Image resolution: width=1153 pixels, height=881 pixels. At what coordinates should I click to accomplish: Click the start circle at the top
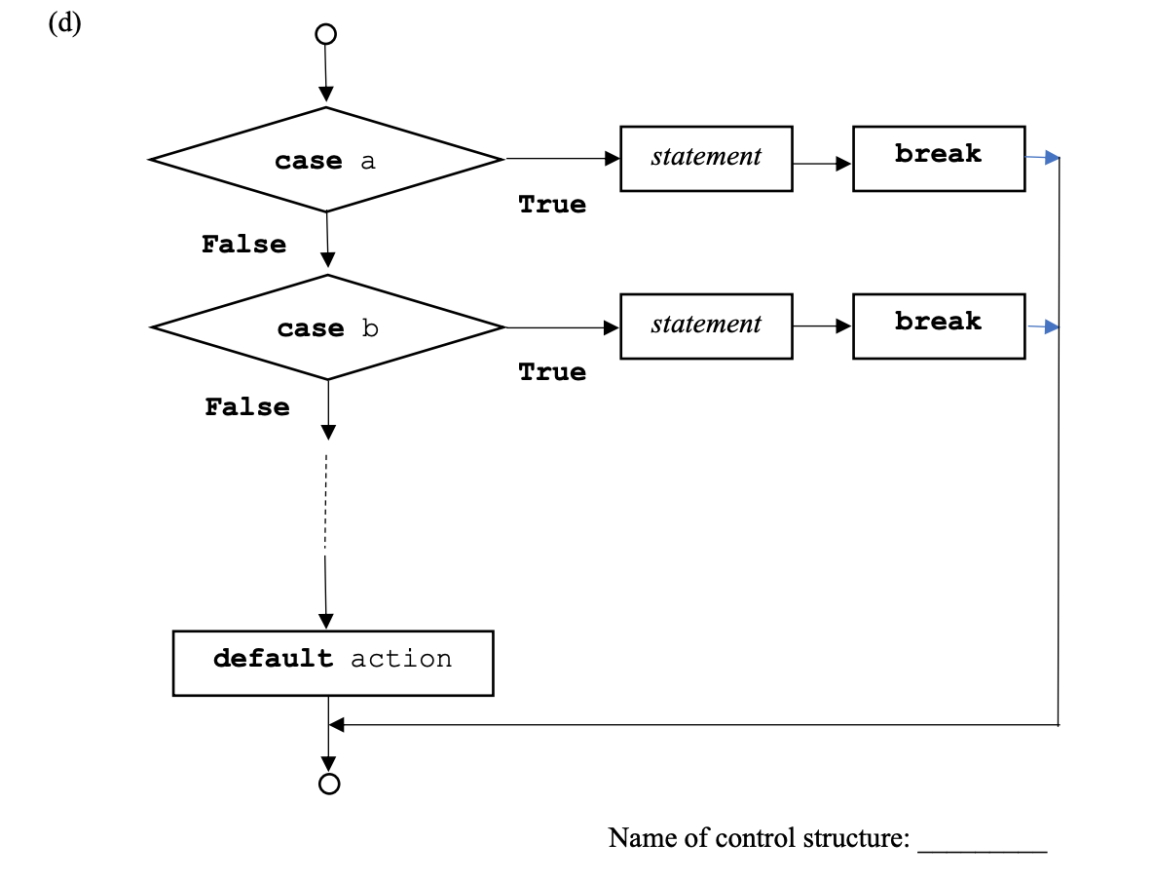pos(325,34)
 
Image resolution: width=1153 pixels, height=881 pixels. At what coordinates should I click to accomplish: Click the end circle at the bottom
pos(329,784)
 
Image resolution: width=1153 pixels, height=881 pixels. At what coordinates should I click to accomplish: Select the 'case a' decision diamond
pos(325,160)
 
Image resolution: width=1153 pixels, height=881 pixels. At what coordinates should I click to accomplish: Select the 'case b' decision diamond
pos(327,327)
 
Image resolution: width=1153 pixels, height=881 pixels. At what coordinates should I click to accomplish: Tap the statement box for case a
pos(706,158)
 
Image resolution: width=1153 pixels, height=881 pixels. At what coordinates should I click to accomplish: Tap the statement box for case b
pos(706,326)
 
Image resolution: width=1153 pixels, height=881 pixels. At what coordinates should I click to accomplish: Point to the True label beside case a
pos(552,205)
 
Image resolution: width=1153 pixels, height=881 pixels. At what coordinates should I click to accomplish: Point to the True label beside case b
pos(552,372)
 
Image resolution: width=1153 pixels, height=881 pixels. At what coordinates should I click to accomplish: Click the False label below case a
pos(243,245)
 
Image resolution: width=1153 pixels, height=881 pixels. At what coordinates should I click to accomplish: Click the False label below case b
pos(246,407)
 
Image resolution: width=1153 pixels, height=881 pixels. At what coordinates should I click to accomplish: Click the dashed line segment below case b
pos(325,497)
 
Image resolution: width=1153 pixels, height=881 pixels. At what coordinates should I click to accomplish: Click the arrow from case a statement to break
pos(822,164)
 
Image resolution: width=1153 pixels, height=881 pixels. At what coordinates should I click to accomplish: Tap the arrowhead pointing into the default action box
pos(326,622)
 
